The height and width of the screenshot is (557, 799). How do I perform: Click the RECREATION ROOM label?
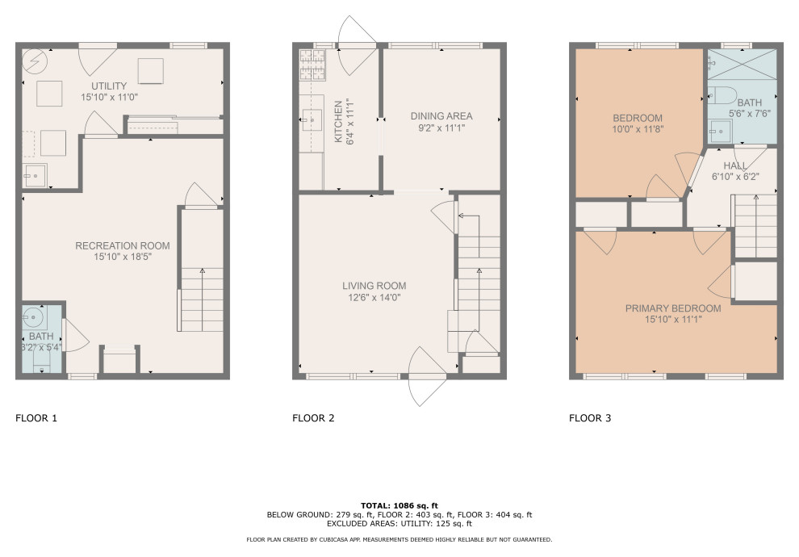click(123, 245)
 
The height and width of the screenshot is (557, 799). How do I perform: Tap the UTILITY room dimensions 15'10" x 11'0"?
click(109, 97)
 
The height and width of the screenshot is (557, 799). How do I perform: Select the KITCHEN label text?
click(338, 121)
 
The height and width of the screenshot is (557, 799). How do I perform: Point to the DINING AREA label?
click(441, 116)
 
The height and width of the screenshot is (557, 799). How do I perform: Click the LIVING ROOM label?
click(374, 286)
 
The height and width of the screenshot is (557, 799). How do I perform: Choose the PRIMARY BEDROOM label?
click(672, 308)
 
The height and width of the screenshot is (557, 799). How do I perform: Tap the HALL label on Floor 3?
click(734, 165)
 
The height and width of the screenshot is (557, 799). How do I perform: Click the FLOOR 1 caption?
click(36, 418)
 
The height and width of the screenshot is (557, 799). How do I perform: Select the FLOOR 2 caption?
click(313, 418)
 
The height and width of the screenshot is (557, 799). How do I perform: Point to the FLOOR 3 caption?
click(590, 418)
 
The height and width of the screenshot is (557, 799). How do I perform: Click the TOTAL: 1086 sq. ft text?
click(399, 505)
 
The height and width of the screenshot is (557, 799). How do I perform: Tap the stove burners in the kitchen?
click(312, 65)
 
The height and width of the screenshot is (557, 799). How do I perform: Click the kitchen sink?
click(312, 119)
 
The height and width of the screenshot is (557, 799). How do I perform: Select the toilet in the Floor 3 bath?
click(722, 94)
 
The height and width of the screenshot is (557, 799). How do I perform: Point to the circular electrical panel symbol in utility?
click(35, 62)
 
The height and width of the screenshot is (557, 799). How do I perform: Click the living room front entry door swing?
click(428, 376)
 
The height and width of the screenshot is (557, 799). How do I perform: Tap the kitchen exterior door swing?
click(358, 46)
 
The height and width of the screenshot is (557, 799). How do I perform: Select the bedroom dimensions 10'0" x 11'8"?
click(637, 129)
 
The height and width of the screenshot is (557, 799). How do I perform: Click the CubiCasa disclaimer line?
click(399, 539)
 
